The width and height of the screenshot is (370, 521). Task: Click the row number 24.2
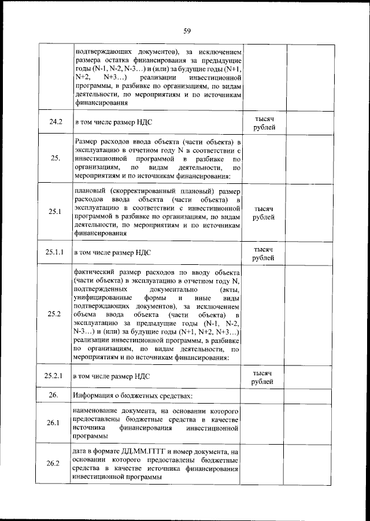[55, 123]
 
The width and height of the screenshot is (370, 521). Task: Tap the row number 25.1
[55, 212]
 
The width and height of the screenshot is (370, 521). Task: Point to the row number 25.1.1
[55, 252]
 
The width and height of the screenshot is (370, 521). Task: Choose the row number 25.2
[55, 314]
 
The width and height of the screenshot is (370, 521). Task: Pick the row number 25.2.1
[55, 376]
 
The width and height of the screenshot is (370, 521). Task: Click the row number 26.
[55, 396]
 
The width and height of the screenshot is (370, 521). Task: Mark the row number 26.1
[55, 423]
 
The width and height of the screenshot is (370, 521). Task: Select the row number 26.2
[55, 464]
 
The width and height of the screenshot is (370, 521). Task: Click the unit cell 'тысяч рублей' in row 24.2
[264, 122]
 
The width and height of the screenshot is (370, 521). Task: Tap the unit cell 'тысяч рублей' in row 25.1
[264, 212]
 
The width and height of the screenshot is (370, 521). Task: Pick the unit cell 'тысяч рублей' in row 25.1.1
[264, 253]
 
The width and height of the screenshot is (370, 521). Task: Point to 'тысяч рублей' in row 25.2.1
[264, 377]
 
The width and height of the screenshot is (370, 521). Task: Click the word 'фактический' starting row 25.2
[95, 271]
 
